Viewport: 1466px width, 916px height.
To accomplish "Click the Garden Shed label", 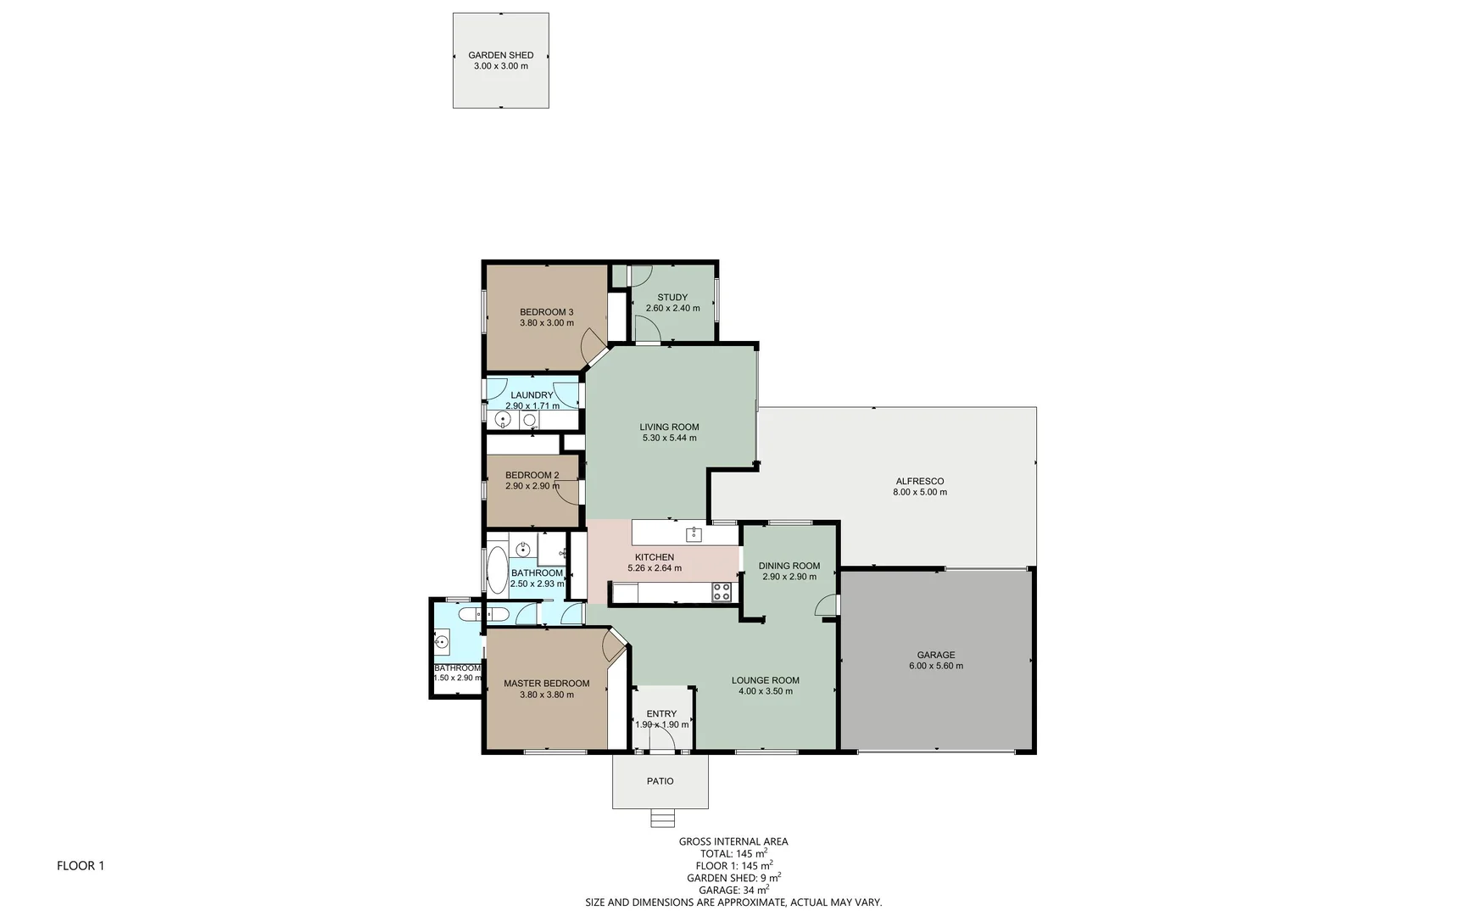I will (500, 55).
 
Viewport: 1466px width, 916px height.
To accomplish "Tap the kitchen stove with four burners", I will (722, 592).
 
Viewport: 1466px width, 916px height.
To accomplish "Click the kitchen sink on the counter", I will (694, 534).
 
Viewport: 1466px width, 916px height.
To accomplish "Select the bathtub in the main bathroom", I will (496, 570).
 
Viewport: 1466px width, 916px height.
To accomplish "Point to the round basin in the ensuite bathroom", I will (442, 642).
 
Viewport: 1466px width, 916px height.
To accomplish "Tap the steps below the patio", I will (662, 818).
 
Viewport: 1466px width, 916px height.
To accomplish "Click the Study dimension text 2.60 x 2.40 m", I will (672, 309).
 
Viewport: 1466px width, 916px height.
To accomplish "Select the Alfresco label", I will (920, 481).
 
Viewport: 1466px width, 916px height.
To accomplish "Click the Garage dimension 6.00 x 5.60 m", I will (936, 666).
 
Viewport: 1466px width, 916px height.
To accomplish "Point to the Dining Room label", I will (789, 566).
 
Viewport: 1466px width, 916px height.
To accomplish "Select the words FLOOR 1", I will (81, 866).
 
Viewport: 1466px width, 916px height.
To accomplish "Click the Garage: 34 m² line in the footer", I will (733, 890).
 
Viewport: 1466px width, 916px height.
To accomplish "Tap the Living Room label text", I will (669, 427).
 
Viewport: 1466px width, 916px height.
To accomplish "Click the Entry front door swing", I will (663, 740).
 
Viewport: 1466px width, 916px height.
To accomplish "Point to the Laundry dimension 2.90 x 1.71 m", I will (532, 406).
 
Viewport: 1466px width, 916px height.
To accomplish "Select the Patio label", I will (661, 781).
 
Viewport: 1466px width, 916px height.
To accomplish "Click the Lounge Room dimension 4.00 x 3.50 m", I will (766, 691).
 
